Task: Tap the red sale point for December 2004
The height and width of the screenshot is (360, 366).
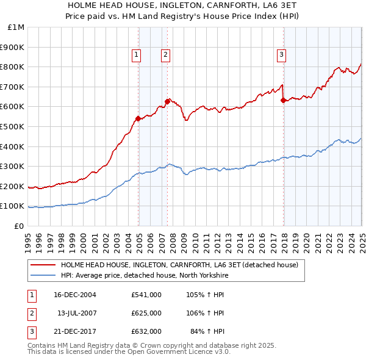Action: (x=138, y=118)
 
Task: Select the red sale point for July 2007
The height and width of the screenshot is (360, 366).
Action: (x=167, y=101)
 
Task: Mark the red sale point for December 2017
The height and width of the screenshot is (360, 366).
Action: (x=283, y=100)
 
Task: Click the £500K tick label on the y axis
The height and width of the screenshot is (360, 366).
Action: (x=13, y=127)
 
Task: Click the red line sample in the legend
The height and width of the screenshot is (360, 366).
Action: (x=43, y=265)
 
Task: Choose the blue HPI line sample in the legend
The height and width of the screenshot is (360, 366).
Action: (x=43, y=275)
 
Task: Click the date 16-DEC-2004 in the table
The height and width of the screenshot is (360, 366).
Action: (x=76, y=294)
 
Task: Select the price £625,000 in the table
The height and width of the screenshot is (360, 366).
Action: (x=146, y=313)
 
